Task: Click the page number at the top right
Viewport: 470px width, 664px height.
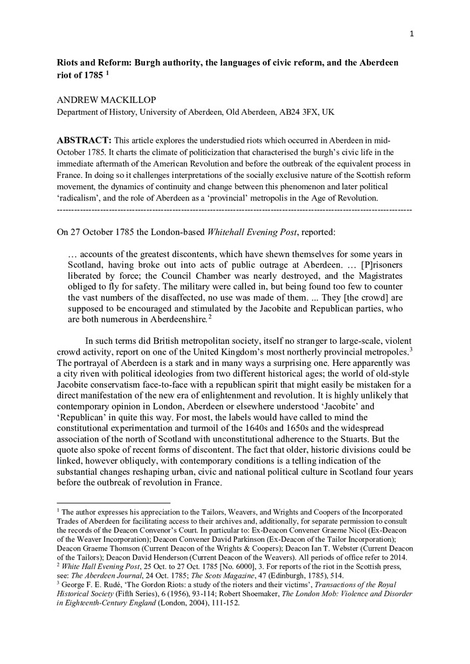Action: pos(411,35)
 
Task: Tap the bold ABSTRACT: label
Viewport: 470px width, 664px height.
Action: pos(84,140)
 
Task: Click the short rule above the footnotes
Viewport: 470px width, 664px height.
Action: pos(114,503)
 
